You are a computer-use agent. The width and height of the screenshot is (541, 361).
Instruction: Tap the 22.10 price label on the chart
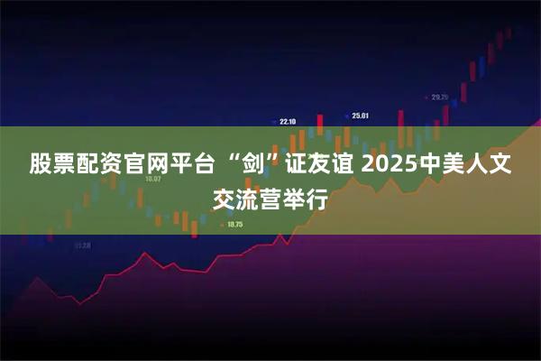tap(288, 121)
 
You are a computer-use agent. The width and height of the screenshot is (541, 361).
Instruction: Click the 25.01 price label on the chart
tap(360, 116)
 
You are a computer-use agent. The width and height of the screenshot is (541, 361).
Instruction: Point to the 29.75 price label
tap(439, 97)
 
